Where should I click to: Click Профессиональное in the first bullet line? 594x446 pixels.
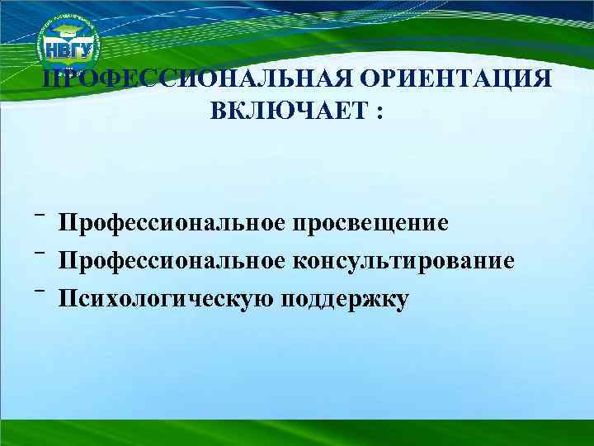click(x=172, y=223)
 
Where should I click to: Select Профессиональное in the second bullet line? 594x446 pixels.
click(x=172, y=261)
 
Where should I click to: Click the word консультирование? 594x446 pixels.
click(x=403, y=261)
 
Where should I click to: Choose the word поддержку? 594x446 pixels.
click(x=345, y=298)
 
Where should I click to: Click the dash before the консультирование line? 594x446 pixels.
click(x=39, y=254)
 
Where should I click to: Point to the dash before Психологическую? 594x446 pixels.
click(x=39, y=292)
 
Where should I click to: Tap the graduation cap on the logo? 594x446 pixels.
click(x=69, y=31)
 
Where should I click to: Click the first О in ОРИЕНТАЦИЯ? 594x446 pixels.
click(x=361, y=79)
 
